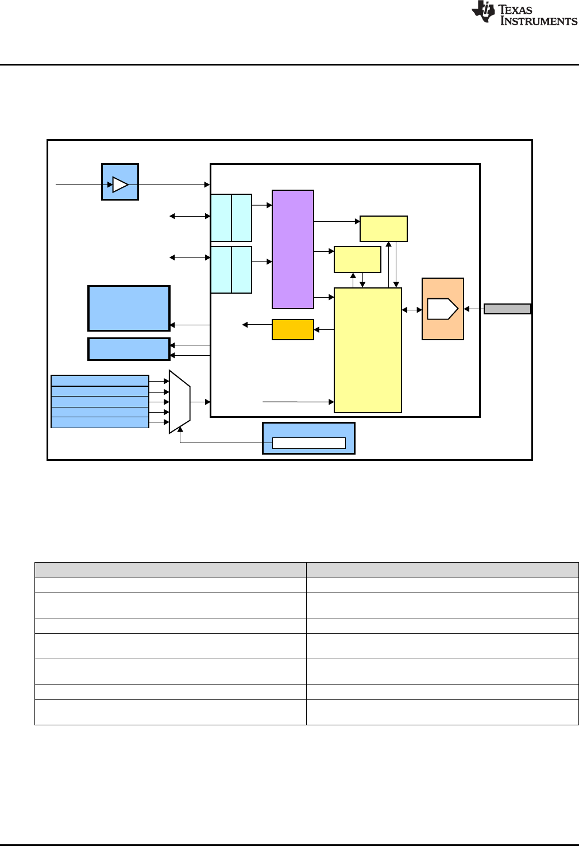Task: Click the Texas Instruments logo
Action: [524, 14]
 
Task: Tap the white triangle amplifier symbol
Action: [120, 184]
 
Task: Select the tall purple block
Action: [293, 249]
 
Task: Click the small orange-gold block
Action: [293, 329]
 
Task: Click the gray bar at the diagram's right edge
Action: [507, 309]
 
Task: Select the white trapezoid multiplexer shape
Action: [179, 402]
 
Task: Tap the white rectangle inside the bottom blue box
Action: [308, 443]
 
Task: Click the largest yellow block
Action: [368, 350]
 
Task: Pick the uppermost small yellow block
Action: [384, 229]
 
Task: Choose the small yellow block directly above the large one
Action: [357, 259]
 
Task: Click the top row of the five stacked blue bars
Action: [100, 380]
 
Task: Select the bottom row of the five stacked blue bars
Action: [100, 422]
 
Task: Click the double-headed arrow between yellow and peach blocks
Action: [412, 310]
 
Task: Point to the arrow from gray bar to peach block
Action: [474, 309]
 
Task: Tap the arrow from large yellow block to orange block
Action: [324, 329]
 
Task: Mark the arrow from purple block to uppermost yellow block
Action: [337, 221]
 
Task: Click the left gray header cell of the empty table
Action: [170, 570]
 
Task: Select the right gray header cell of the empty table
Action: [442, 570]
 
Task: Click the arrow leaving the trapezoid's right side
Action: [200, 402]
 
